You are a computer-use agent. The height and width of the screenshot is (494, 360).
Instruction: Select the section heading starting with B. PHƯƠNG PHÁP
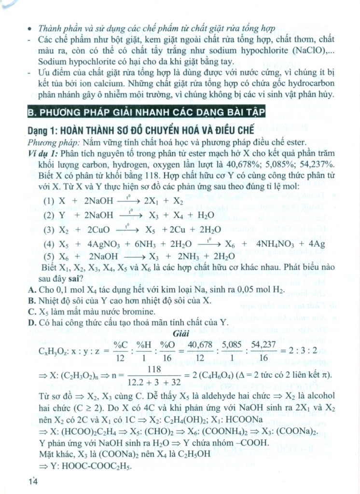tap(149, 113)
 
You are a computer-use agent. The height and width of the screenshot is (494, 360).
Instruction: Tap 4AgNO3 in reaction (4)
tap(108, 244)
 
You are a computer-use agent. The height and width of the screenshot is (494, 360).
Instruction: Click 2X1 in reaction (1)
tap(156, 201)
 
